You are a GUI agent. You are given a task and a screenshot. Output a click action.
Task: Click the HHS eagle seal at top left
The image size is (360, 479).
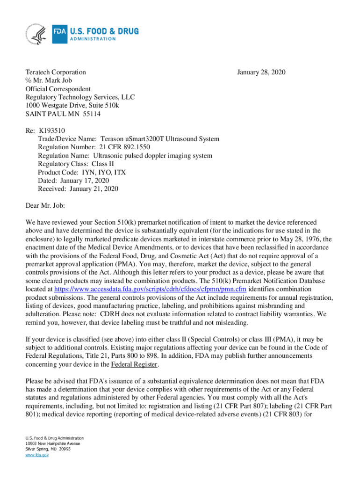tap(36, 34)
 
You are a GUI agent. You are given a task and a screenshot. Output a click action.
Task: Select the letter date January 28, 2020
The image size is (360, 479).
tap(261, 72)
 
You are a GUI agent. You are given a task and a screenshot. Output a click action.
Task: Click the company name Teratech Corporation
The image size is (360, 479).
tap(56, 72)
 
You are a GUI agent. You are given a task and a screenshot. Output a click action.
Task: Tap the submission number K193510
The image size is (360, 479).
tap(51, 131)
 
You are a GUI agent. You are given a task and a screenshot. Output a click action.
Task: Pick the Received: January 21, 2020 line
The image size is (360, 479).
tap(78, 189)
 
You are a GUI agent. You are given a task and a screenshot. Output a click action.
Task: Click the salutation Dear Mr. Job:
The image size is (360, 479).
tap(45, 205)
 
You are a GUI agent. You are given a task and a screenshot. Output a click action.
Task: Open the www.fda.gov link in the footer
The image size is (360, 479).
tap(37, 454)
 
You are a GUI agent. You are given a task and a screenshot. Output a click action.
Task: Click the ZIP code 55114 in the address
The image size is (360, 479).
tap(92, 114)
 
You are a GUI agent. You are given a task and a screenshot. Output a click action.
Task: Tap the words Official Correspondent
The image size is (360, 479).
tap(58, 89)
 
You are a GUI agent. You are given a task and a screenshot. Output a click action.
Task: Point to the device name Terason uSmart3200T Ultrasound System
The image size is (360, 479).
tap(159, 139)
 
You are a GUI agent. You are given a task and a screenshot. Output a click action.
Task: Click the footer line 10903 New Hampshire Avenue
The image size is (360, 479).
tap(53, 443)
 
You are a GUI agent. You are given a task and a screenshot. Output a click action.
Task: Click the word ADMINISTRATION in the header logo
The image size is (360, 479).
tap(93, 39)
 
